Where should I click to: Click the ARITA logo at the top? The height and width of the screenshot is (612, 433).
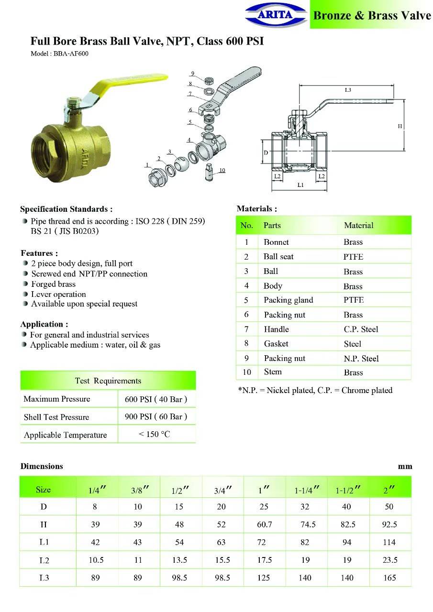[275, 14]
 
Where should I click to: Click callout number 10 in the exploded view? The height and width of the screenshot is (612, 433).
[222, 170]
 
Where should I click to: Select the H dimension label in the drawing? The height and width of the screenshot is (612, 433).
[400, 126]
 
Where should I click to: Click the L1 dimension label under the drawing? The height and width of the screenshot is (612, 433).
[300, 185]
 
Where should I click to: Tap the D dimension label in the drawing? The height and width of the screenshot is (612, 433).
[266, 153]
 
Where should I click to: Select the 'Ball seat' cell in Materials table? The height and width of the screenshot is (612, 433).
[278, 257]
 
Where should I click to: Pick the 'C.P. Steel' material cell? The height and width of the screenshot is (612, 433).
[361, 329]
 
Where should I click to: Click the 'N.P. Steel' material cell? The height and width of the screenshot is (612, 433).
[361, 359]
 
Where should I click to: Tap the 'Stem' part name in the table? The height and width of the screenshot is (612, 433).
[273, 372]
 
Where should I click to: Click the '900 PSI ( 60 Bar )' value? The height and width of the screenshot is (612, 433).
[156, 416]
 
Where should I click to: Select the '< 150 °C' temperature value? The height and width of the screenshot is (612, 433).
[154, 434]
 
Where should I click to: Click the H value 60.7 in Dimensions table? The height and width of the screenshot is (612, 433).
[264, 525]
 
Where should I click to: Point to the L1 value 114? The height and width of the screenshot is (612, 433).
[389, 542]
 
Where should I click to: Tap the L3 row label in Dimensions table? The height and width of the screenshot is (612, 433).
[44, 578]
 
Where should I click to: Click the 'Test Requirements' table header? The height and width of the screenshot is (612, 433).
[108, 381]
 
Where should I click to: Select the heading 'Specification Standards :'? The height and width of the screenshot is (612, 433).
[66, 209]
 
